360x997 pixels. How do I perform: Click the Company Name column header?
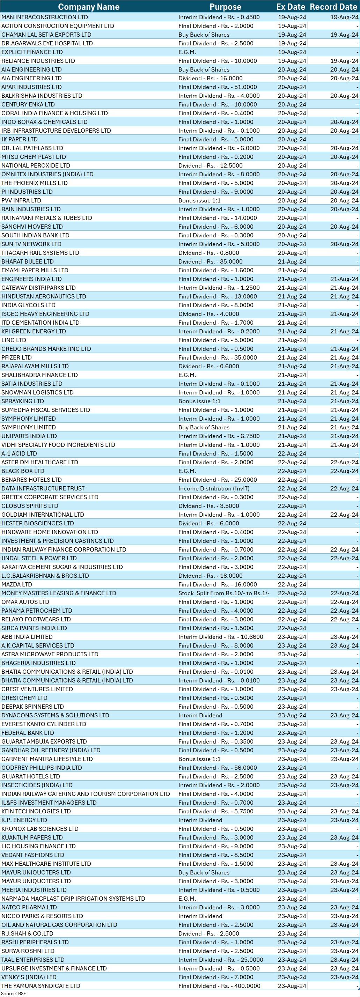(89, 7)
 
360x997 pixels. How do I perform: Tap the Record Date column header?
(333, 7)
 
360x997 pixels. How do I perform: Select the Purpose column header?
(225, 7)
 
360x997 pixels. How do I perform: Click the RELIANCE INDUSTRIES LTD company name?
(38, 61)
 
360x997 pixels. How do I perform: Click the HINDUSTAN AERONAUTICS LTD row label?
(44, 296)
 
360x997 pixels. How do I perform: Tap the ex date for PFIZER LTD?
(292, 357)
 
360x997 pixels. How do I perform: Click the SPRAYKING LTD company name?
(22, 401)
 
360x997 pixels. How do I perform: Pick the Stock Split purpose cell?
(224, 593)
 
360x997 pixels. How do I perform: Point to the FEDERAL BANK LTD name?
(28, 733)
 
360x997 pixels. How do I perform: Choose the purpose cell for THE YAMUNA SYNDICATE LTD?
(219, 986)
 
